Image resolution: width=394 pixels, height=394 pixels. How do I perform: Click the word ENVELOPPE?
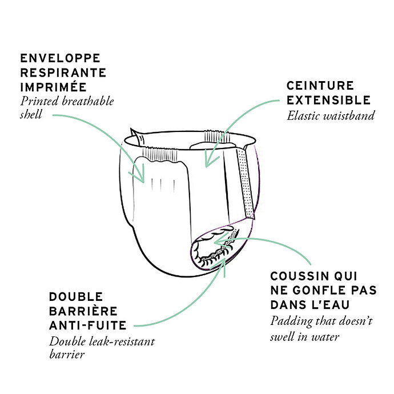point(61,58)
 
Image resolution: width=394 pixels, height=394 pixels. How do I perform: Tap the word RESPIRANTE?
point(63,73)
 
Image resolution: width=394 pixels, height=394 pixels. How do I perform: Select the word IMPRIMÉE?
point(54,87)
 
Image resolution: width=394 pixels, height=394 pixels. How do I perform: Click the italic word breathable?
point(88,101)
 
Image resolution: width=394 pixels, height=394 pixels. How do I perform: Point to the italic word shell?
point(31,114)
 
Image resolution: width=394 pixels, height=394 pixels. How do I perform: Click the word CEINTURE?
point(320,86)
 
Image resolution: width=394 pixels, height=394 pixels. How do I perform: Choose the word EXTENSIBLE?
point(329,100)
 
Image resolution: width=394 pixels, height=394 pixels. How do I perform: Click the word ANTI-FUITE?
point(88,325)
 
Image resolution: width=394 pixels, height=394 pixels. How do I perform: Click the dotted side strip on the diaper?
point(245,183)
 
